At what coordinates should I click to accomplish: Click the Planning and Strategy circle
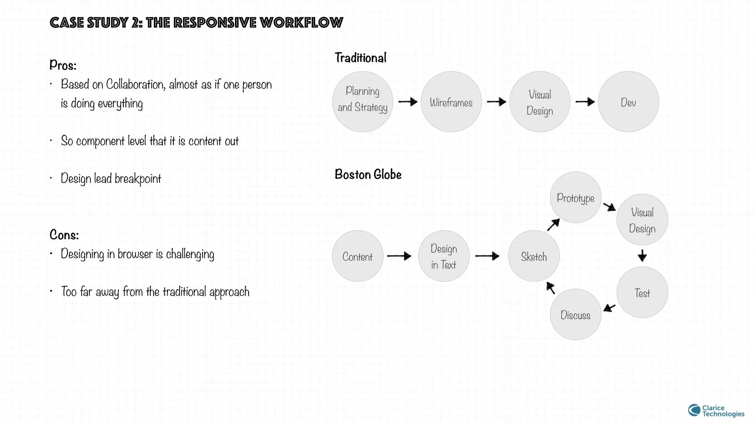[x=363, y=102]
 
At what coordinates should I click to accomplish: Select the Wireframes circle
[x=451, y=102]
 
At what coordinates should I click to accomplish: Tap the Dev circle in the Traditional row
[x=628, y=102]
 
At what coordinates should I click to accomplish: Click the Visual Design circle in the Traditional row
[x=540, y=102]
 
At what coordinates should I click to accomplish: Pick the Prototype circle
[x=575, y=197]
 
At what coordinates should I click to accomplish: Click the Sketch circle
[x=534, y=256]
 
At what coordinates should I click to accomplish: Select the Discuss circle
[x=575, y=314]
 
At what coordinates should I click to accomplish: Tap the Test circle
[x=642, y=292]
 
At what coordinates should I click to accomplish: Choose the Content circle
[x=357, y=256]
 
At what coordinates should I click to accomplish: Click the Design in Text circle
[x=444, y=256]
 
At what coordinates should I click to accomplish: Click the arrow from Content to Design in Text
[x=399, y=256]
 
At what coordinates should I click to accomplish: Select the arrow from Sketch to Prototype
[x=553, y=225]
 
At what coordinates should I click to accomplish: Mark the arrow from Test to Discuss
[x=610, y=308]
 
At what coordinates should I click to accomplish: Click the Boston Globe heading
[x=368, y=174]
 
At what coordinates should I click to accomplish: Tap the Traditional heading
[x=360, y=58]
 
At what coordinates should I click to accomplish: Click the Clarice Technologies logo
[x=716, y=411]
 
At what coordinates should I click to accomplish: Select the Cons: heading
[x=64, y=235]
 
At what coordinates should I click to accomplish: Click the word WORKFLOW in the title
[x=301, y=23]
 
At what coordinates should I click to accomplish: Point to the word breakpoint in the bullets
[x=138, y=179]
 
